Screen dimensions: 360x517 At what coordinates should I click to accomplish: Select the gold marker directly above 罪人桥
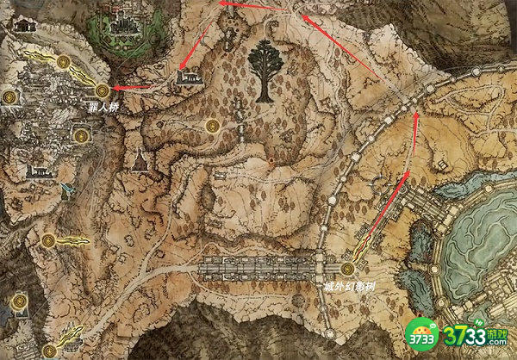click(103, 90)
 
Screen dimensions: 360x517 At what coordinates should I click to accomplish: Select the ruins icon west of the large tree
click(189, 78)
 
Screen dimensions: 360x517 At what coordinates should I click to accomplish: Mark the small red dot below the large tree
click(271, 161)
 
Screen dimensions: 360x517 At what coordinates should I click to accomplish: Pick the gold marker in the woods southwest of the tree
click(211, 127)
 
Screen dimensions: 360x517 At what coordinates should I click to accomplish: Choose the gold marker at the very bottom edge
click(49, 351)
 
